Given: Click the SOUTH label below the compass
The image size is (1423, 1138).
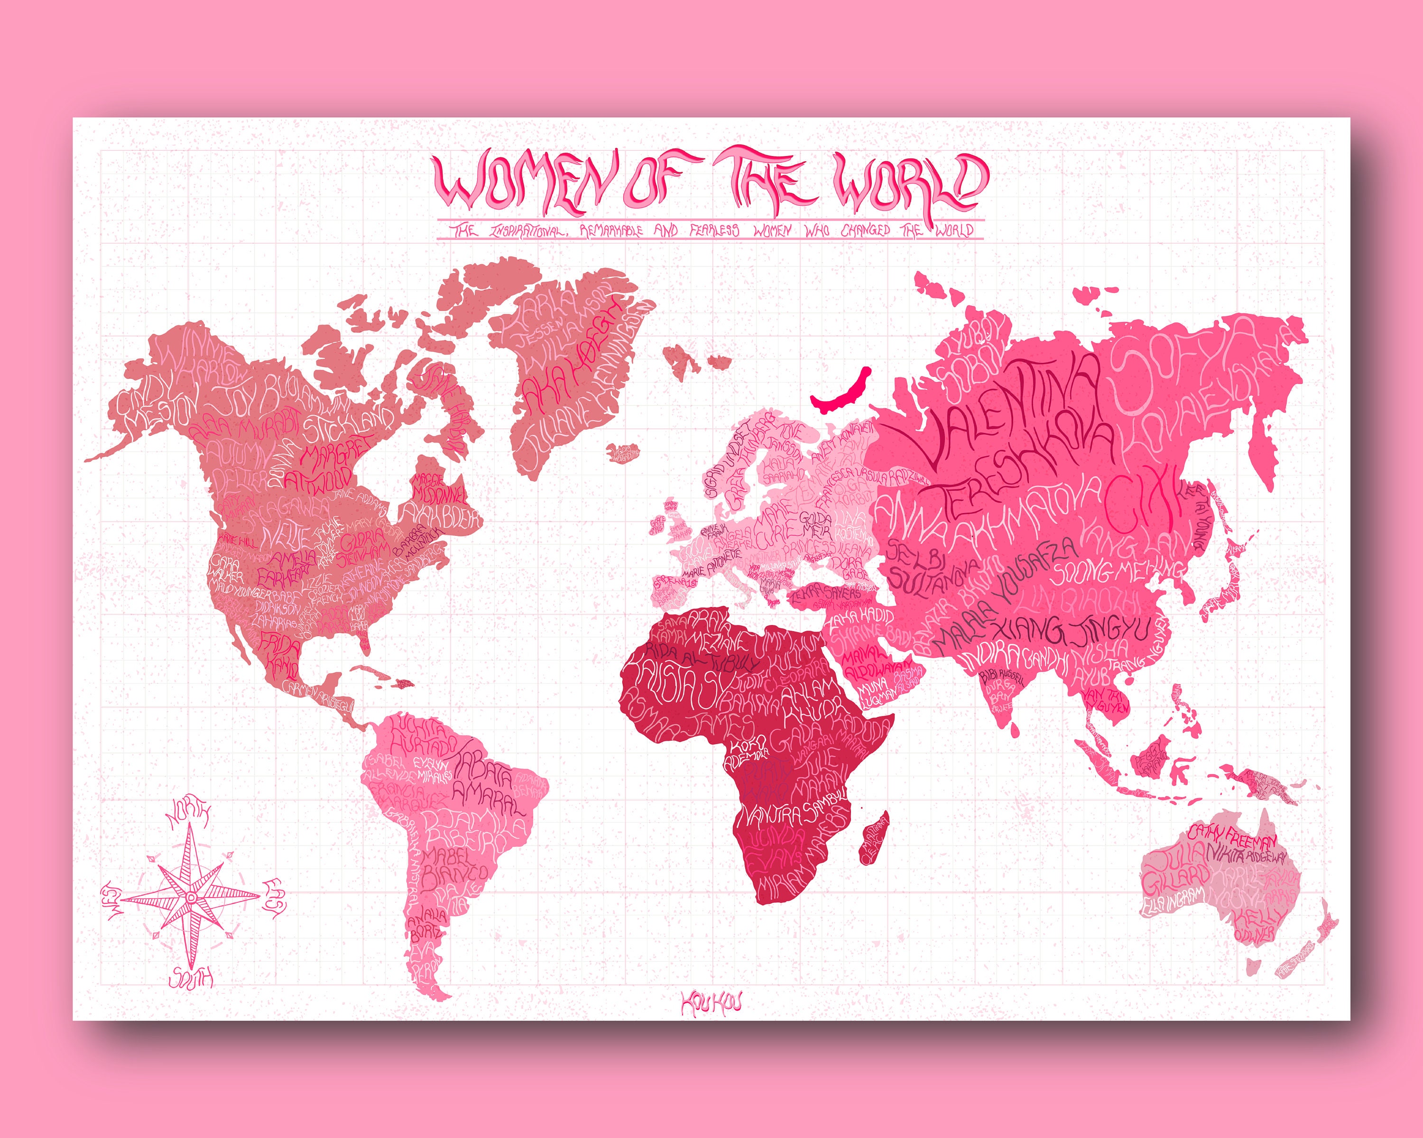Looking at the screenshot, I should [x=192, y=978].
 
